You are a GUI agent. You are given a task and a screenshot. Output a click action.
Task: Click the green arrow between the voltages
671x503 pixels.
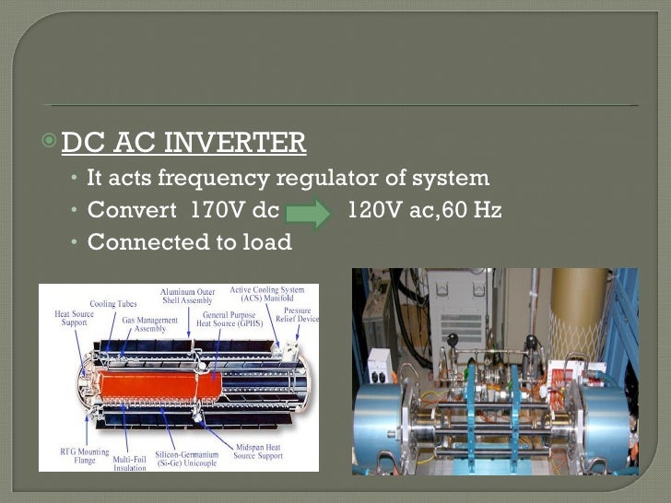309,211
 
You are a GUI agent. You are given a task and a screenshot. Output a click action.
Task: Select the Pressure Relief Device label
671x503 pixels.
297,315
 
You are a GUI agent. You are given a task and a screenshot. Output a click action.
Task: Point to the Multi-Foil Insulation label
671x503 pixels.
127,461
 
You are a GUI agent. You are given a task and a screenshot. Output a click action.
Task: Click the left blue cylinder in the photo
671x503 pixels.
388,418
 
